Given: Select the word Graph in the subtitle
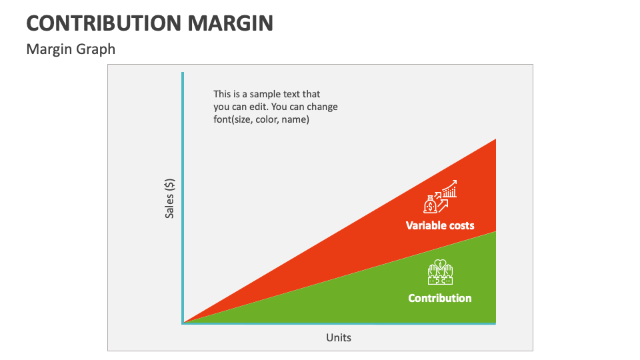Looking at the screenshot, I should [x=97, y=49].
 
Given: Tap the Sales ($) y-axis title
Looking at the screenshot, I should [x=170, y=198].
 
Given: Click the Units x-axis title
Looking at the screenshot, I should [x=339, y=337].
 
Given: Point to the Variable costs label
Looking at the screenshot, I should [x=440, y=225].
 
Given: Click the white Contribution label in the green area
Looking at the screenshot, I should [x=440, y=298].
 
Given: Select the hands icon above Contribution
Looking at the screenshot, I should [x=440, y=272].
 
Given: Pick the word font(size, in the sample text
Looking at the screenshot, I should [x=236, y=120].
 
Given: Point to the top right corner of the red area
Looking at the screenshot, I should [x=495, y=140].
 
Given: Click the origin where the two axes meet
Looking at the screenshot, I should [x=183, y=323].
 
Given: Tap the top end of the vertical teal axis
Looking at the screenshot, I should [x=183, y=73].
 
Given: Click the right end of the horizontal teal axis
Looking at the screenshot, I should [x=495, y=323].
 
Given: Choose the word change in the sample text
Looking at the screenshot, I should [x=323, y=107].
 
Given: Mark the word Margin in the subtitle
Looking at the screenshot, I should [x=48, y=49].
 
